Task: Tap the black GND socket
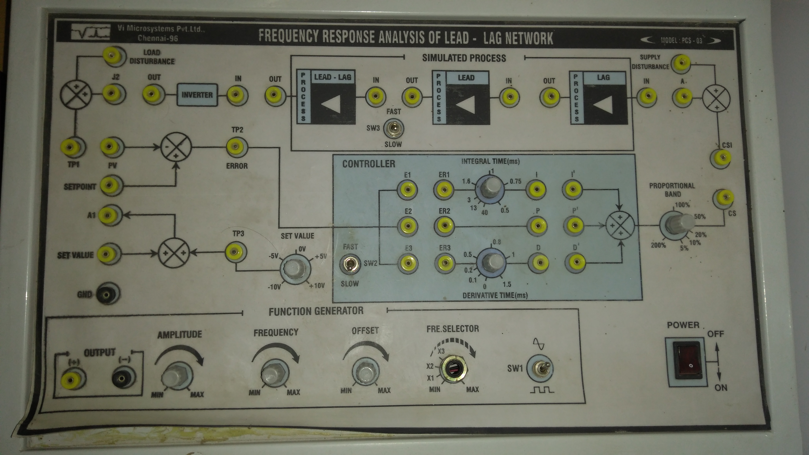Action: pyautogui.click(x=107, y=294)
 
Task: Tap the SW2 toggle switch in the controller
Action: pyautogui.click(x=349, y=264)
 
